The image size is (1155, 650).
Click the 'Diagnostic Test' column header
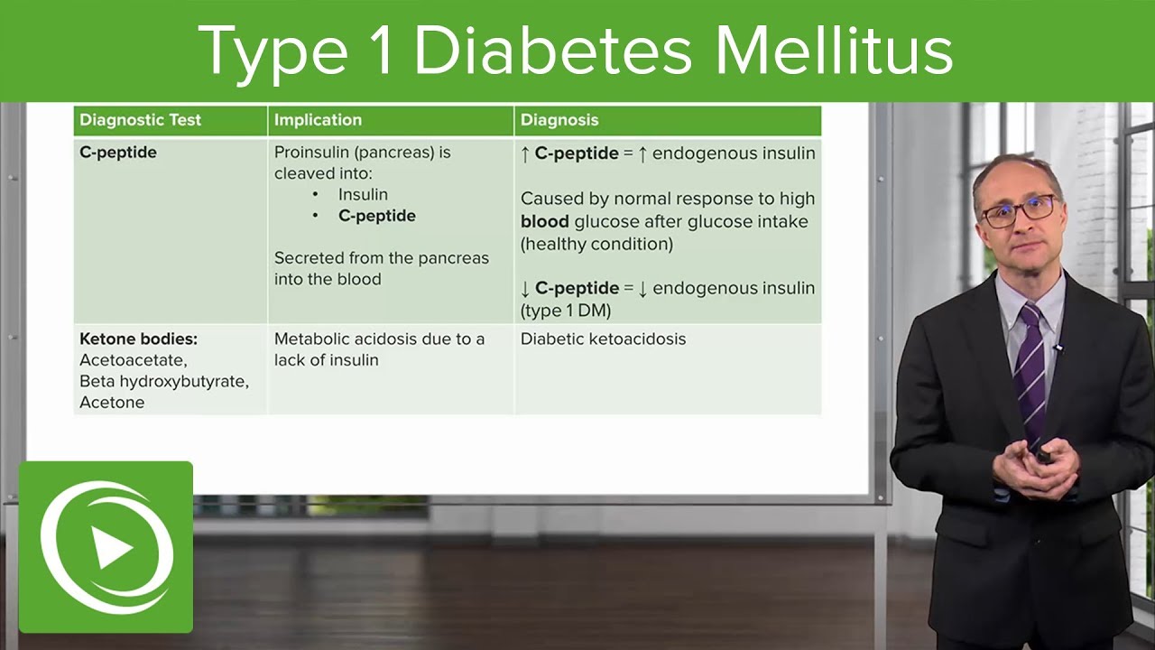coord(140,120)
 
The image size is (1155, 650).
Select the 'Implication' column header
coord(318,120)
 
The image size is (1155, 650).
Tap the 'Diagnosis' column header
coord(559,120)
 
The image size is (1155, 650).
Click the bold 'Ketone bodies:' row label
coord(138,339)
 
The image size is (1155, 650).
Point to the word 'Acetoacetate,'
coord(134,360)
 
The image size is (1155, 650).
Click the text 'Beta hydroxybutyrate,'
coord(164,381)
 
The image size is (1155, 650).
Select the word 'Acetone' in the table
coord(112,403)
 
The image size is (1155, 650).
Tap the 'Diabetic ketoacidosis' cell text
coord(603,339)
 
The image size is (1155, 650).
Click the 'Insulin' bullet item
coord(363,194)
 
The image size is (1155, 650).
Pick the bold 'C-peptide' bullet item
coord(377,216)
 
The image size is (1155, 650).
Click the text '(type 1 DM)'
coord(566,311)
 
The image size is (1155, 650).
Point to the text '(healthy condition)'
coord(596,244)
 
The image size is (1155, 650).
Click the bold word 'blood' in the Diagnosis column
coord(545,221)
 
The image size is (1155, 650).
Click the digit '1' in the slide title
coord(381,51)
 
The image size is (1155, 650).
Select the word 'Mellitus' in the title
coord(834,51)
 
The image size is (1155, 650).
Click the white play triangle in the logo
coord(112,549)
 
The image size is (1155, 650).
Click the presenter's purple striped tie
coord(1030,370)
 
